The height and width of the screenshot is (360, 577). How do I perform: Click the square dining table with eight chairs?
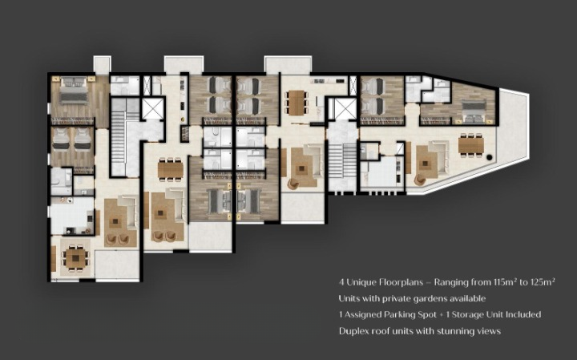(x=75, y=258)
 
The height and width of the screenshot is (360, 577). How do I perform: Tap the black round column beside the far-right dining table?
(x=490, y=157)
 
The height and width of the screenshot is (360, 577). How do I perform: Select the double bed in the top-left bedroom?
(x=74, y=90)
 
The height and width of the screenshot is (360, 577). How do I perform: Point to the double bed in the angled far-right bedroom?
(x=474, y=108)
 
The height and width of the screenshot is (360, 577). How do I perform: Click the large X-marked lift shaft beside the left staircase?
(x=152, y=108)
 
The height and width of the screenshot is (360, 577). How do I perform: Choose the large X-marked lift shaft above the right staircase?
(x=345, y=108)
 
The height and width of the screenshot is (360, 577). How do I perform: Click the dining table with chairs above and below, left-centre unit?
(x=171, y=169)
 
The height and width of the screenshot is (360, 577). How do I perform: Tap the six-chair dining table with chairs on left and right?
(x=297, y=103)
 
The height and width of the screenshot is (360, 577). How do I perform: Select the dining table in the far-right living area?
(x=470, y=145)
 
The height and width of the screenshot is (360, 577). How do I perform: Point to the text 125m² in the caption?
(x=542, y=282)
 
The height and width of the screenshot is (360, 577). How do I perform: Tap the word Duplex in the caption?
(x=353, y=331)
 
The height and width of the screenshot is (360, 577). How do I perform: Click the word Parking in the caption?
(x=400, y=315)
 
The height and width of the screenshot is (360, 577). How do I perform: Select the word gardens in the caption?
(x=429, y=298)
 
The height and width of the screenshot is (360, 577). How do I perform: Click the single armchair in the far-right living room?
(x=420, y=180)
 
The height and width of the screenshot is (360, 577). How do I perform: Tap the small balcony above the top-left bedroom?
(x=102, y=64)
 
